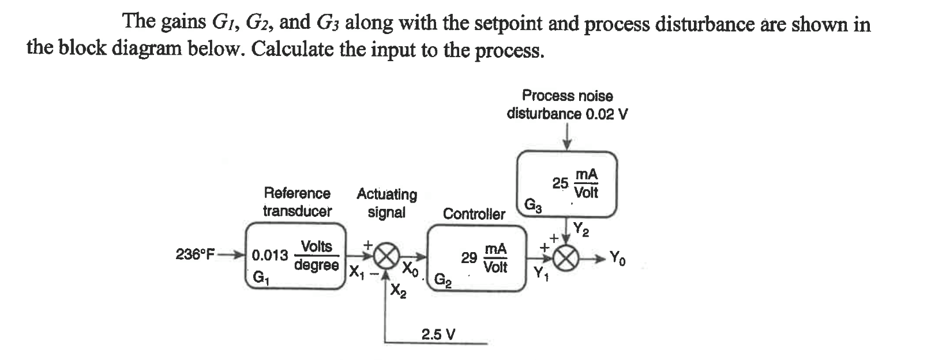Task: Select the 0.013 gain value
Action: pyautogui.click(x=270, y=255)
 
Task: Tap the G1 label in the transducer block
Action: pyautogui.click(x=261, y=279)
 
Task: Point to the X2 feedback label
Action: pyautogui.click(x=398, y=292)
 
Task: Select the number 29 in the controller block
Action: pyautogui.click(x=468, y=257)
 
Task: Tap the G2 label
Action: pyautogui.click(x=442, y=282)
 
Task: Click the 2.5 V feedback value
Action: pyautogui.click(x=438, y=334)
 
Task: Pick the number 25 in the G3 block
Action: pyautogui.click(x=560, y=183)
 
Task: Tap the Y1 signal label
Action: pyautogui.click(x=541, y=272)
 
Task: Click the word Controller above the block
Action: pyautogui.click(x=474, y=214)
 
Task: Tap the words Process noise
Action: pyautogui.click(x=567, y=95)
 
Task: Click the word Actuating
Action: pyautogui.click(x=386, y=194)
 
